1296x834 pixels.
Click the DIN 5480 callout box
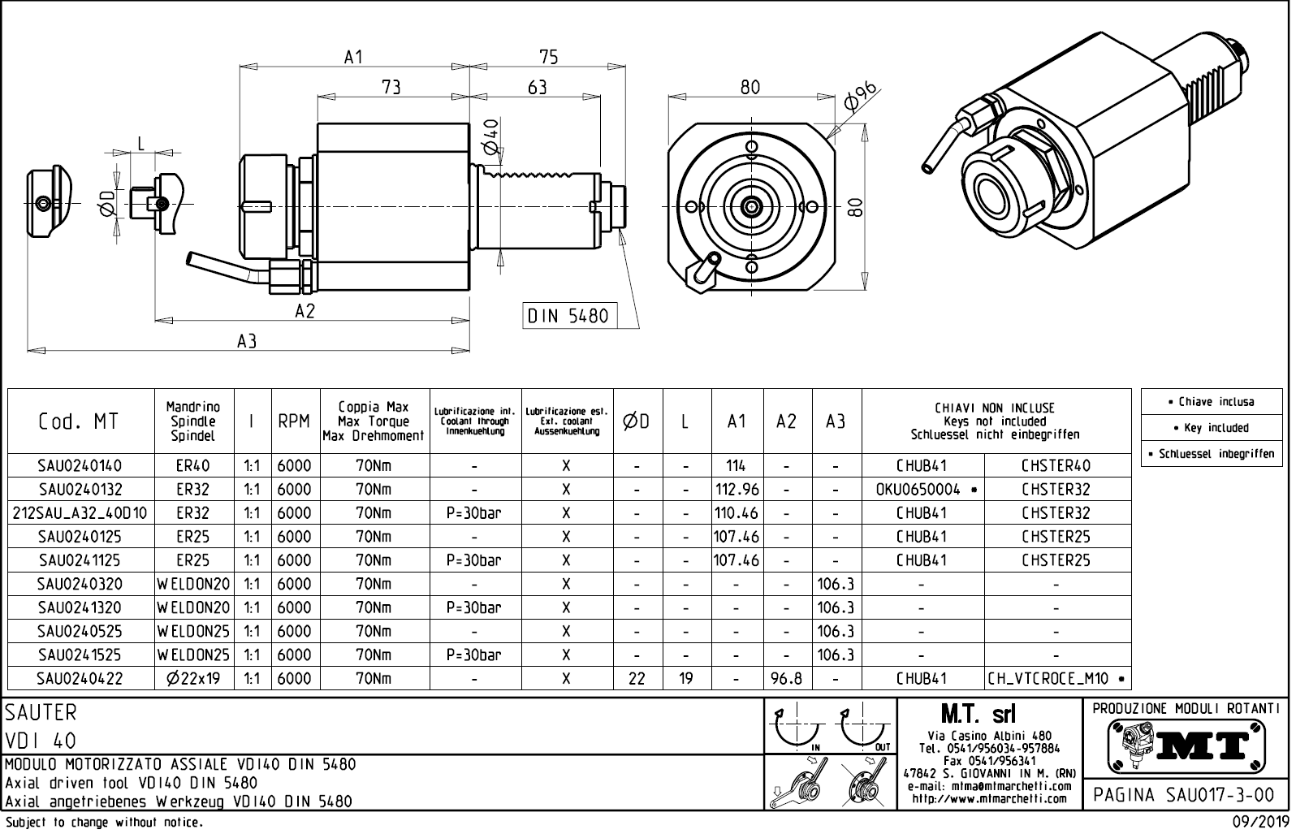coord(568,315)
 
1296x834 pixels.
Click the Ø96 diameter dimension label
coord(862,96)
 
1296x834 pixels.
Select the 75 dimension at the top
coord(549,56)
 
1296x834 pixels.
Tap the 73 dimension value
coord(391,87)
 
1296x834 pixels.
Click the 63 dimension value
coord(537,87)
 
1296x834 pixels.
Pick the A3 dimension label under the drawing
coord(247,342)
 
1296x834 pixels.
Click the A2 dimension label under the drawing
coord(305,311)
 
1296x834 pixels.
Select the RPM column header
coord(294,421)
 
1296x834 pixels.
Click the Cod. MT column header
coord(79,421)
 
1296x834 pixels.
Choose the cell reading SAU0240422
coord(80,678)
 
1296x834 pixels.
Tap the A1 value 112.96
coord(737,489)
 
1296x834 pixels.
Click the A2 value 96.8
coord(786,678)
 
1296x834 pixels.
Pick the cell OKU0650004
coord(918,489)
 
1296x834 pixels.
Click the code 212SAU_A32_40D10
coord(80,512)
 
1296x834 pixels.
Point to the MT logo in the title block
coord(1186,743)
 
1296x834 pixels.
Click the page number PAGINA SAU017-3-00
coord(1185,794)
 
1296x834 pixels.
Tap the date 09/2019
coord(1259,822)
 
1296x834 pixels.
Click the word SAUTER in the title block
coord(41,713)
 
